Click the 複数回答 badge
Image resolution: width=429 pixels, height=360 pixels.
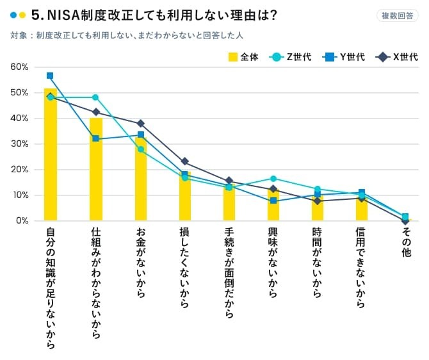point(398,16)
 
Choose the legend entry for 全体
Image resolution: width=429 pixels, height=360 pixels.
point(244,57)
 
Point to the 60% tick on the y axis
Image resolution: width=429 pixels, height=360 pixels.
point(19,67)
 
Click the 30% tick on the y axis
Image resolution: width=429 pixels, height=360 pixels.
point(19,144)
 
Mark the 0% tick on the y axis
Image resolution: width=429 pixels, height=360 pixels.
point(21,221)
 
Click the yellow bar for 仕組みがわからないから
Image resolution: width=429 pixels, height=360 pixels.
point(96,170)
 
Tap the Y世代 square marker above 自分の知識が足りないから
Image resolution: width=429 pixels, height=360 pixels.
point(50,76)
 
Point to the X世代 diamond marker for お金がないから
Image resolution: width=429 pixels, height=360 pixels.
point(141,123)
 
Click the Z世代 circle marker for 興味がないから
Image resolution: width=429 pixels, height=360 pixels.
point(273,179)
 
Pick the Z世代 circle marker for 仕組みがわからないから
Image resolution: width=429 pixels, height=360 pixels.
point(95,97)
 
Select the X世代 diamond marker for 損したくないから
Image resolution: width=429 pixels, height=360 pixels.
point(185,161)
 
